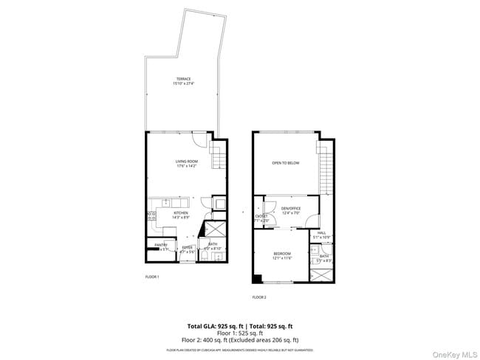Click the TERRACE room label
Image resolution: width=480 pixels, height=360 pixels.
[x=182, y=78]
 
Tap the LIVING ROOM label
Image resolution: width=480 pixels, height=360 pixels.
[x=185, y=162]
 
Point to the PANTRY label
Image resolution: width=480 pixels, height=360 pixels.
[x=160, y=245]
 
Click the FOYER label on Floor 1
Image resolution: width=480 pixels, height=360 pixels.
[x=187, y=249]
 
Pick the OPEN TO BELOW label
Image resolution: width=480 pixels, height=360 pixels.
[x=285, y=162]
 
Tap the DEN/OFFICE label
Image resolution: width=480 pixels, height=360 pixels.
[x=292, y=209]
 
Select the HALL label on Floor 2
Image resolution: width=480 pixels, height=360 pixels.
[x=321, y=232]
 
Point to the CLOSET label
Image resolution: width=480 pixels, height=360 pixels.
[x=261, y=216]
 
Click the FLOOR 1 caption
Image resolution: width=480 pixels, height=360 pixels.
[x=151, y=277]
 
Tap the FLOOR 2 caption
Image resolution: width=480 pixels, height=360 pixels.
[x=259, y=297]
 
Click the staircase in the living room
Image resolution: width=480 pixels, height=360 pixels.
[x=217, y=156]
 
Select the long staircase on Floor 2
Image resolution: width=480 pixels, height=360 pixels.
[x=326, y=169]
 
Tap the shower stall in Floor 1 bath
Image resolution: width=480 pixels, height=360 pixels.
[x=213, y=229]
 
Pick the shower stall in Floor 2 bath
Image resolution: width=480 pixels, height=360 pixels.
[x=322, y=276]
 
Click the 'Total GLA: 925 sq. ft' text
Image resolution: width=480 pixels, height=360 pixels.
[x=210, y=325]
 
